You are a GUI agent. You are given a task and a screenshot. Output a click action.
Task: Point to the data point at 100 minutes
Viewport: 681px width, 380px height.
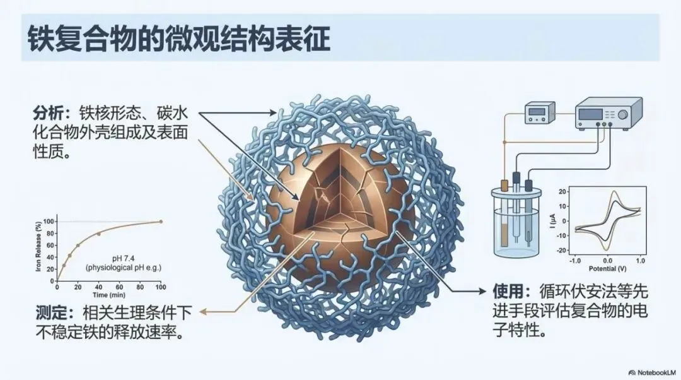161,222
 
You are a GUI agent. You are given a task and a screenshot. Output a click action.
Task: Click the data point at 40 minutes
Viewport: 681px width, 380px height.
98,234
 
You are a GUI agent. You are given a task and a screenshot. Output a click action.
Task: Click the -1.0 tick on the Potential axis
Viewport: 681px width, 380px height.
574,260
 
